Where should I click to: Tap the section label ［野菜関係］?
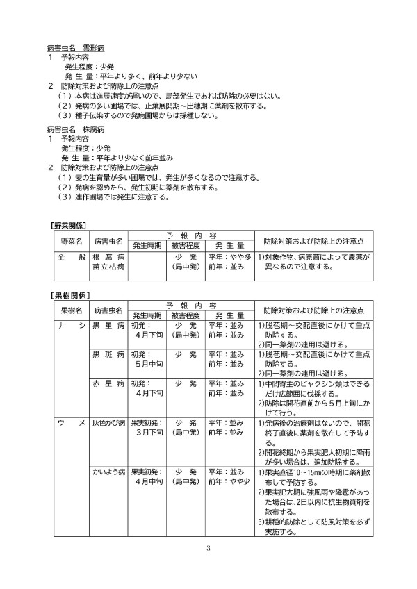pos(68,225)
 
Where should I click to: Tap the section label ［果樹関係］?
pos(68,296)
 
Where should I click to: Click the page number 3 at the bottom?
pos(208,551)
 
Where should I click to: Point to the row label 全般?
pos(69,256)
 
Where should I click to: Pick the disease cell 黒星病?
pos(108,325)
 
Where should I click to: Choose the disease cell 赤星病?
pos(108,383)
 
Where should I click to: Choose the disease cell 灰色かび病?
pos(108,422)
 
